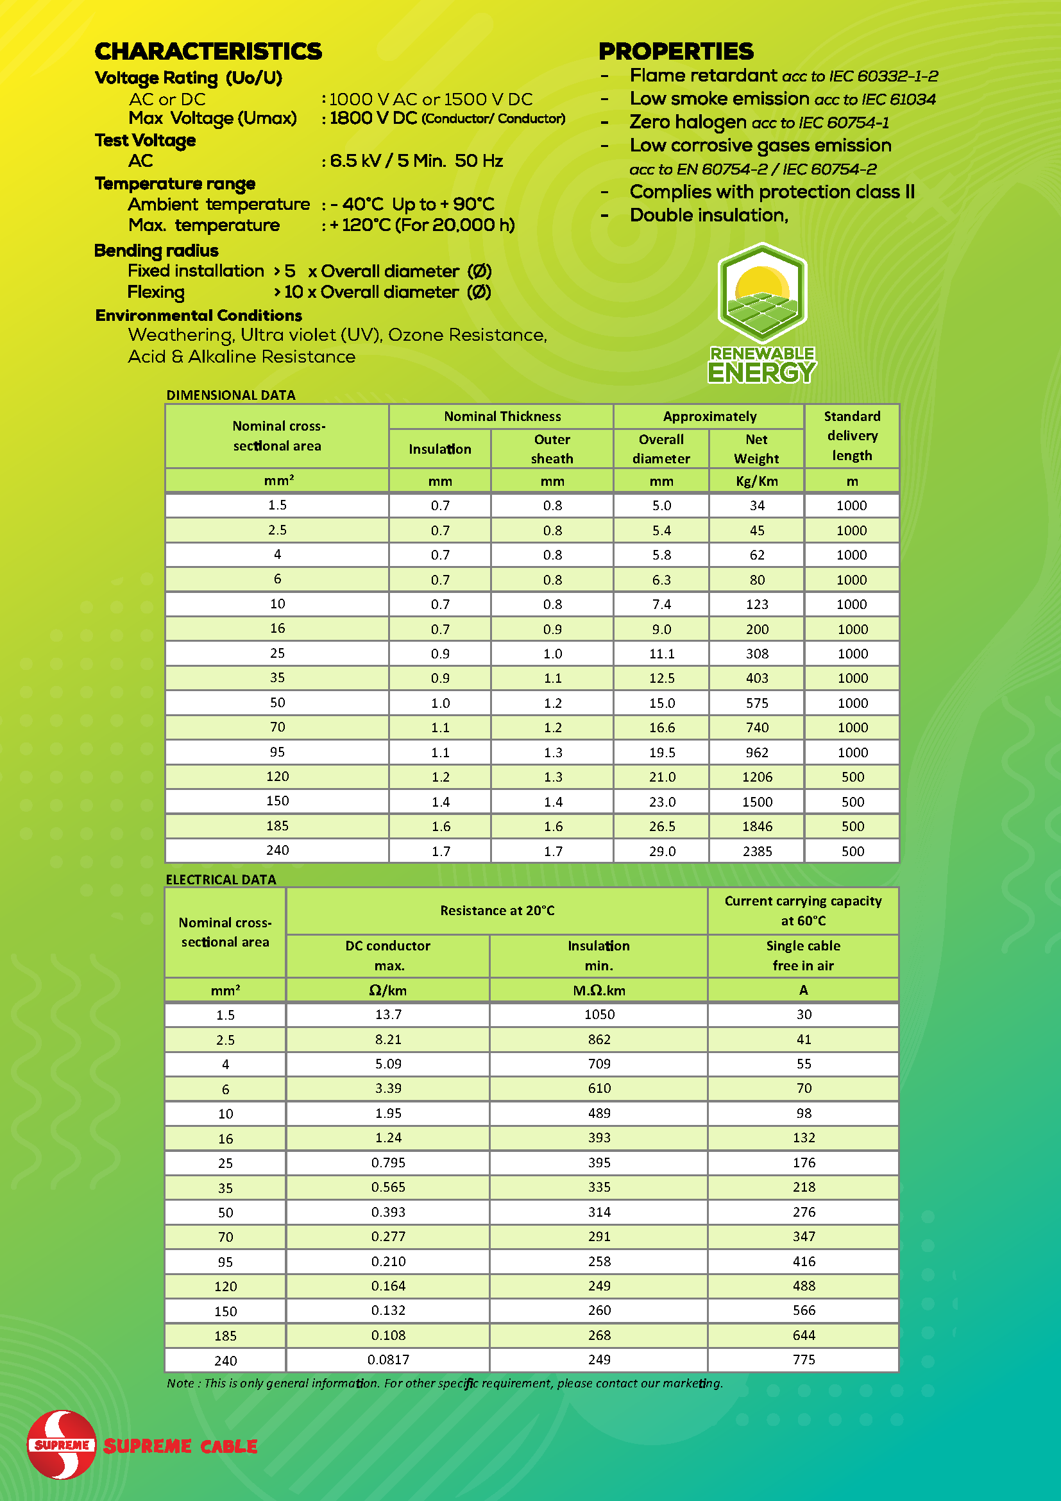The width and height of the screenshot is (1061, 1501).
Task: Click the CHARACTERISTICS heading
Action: click(x=208, y=51)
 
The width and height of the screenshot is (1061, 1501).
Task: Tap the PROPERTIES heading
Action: click(x=675, y=51)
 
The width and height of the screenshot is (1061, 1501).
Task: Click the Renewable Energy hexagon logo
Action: click(x=762, y=293)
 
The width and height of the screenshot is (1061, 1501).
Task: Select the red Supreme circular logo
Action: click(x=62, y=1444)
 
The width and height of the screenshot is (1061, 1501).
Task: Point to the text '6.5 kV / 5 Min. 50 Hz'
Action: click(x=416, y=161)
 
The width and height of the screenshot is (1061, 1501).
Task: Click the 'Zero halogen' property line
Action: click(x=758, y=123)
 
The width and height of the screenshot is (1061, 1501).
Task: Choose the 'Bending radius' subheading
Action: click(x=156, y=250)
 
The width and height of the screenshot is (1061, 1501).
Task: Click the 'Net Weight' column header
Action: click(x=756, y=449)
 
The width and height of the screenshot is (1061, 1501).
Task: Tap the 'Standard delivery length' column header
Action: click(x=851, y=435)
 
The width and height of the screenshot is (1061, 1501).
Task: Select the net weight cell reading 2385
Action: click(x=756, y=851)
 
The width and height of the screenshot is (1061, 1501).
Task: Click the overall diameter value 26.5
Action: click(x=661, y=827)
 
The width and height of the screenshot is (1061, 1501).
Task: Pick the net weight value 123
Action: click(x=756, y=604)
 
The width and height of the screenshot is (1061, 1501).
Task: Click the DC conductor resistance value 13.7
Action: click(x=388, y=1014)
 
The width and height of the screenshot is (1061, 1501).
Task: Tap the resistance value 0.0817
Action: click(x=388, y=1360)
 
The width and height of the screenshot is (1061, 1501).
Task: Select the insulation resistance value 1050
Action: click(x=598, y=1014)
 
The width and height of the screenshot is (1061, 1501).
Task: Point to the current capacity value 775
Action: click(x=803, y=1360)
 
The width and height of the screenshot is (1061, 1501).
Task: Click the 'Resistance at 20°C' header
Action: click(x=497, y=911)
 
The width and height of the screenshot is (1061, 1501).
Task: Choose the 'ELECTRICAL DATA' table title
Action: click(x=221, y=879)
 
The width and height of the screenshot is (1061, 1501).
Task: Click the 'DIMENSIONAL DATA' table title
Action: click(x=231, y=395)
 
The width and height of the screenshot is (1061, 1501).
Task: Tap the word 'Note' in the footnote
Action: click(x=180, y=1384)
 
